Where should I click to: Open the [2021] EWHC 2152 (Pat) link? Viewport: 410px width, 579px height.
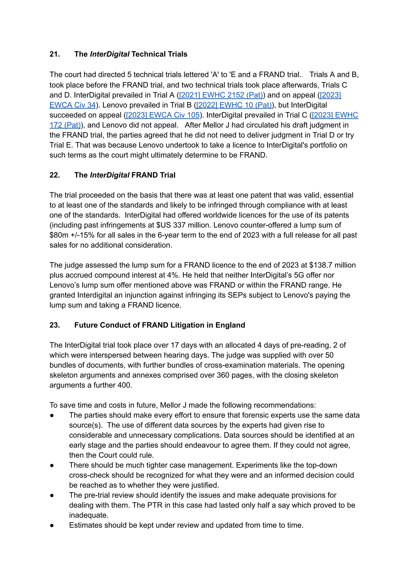(221, 95)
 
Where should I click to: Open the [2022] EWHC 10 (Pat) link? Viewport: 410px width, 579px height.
(234, 105)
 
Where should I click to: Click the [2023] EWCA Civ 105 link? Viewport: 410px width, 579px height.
(163, 115)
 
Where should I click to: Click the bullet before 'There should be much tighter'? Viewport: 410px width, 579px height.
(52, 465)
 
